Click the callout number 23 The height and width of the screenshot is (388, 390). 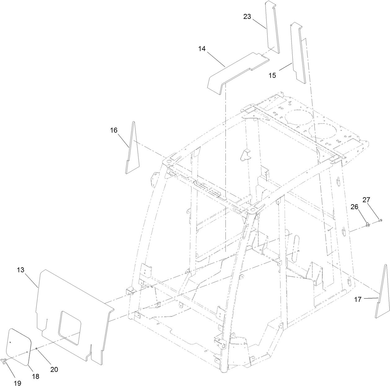(x=247, y=17)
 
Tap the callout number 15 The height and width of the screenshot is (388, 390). (x=272, y=75)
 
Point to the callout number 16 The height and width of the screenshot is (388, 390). (x=113, y=130)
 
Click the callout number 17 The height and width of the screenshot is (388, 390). (x=357, y=300)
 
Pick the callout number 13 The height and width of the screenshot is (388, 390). (x=20, y=270)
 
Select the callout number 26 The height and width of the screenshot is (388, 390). (x=355, y=207)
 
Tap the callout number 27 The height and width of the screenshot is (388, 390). (x=366, y=200)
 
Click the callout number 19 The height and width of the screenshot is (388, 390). (x=17, y=383)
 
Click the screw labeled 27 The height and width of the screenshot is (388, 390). (x=380, y=220)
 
